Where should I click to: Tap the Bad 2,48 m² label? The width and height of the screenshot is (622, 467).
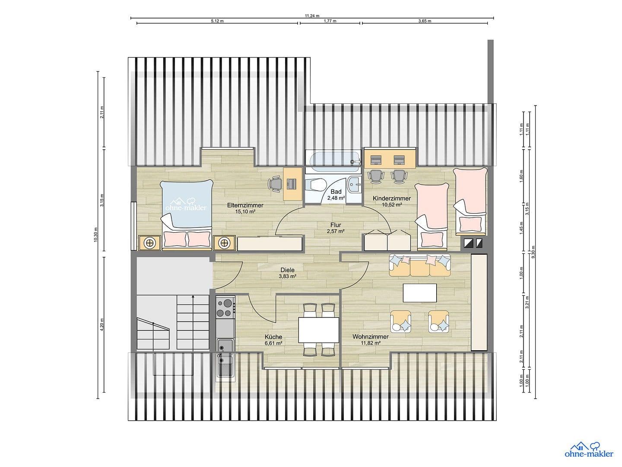tap(336, 195)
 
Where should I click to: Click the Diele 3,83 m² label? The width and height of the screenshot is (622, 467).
tap(287, 273)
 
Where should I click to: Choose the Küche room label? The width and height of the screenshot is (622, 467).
tap(273, 340)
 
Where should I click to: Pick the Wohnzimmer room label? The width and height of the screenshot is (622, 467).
tap(370, 339)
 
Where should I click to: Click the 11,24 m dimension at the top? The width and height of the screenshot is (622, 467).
tap(311, 16)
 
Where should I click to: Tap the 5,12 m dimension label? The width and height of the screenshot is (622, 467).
tap(217, 21)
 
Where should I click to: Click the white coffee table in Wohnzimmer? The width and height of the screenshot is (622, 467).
tap(419, 293)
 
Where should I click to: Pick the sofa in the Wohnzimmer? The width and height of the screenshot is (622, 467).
tap(420, 265)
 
